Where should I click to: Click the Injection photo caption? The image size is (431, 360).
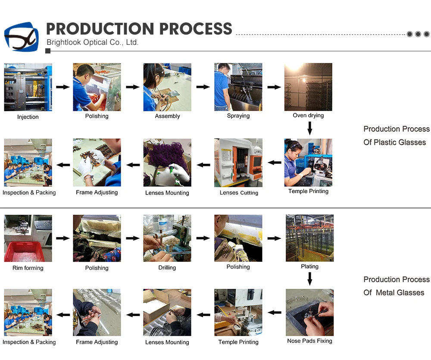tap(28, 117)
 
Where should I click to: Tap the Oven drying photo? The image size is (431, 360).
tap(308, 87)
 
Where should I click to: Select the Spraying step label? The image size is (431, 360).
tap(238, 116)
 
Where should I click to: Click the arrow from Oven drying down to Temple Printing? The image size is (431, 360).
tap(309, 128)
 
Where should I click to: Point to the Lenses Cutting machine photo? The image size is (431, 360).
tap(238, 163)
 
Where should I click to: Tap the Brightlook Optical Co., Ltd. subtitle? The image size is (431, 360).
tap(92, 42)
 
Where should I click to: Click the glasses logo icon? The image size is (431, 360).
tap(21, 37)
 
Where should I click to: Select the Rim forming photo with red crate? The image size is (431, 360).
tap(28, 238)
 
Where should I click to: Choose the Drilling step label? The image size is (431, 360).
tap(167, 268)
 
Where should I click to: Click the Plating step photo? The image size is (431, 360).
tap(309, 238)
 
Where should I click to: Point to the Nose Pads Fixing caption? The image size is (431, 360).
tap(309, 341)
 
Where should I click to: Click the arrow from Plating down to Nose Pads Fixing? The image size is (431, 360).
tap(309, 279)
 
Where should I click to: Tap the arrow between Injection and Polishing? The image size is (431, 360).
tap(62, 87)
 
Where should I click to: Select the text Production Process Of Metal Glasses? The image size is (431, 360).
tap(396, 286)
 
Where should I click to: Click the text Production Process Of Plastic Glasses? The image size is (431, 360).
tap(396, 135)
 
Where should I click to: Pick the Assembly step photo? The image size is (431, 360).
tap(167, 87)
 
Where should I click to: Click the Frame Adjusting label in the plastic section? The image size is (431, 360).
tap(97, 192)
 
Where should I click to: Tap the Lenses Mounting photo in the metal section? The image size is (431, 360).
tap(167, 312)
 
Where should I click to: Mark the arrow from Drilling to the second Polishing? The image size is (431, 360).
tap(203, 238)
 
